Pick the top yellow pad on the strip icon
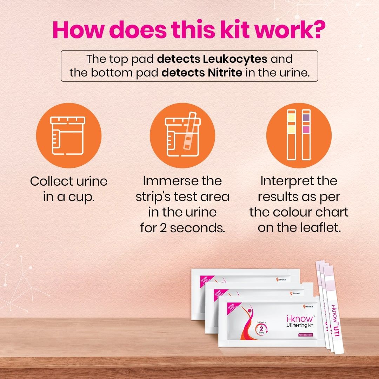click(x=291, y=117)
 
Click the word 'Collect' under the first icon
click(x=48, y=182)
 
